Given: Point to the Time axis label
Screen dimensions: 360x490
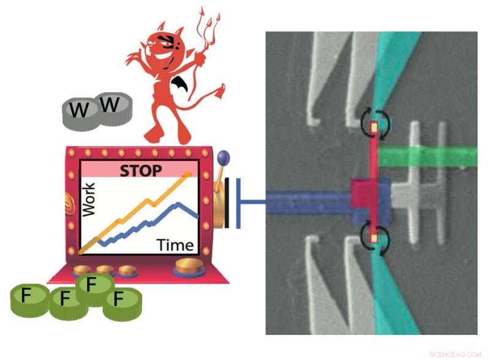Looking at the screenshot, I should click(x=175, y=245).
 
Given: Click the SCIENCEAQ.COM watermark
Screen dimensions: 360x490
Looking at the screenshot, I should click(x=456, y=354).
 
